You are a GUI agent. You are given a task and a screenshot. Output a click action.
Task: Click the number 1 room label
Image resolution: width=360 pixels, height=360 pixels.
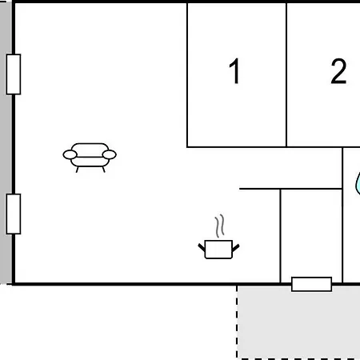coord(234,71)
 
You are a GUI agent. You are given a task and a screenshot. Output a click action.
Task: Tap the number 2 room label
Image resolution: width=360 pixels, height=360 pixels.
coord(338,71)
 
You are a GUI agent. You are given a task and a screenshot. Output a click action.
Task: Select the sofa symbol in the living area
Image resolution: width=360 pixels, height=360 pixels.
coord(90,158)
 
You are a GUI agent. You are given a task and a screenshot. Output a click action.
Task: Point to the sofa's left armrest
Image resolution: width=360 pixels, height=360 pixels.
coord(70,154)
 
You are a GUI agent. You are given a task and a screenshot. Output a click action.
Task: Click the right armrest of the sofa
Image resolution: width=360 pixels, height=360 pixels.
coord(110,154)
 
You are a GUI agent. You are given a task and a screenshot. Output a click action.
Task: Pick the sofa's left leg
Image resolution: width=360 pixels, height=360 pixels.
coord(77,170)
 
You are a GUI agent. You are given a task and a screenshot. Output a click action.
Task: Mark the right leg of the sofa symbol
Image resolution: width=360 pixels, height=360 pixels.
coord(103,170)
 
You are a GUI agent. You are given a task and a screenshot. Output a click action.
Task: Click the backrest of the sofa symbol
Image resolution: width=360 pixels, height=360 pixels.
coord(90,149)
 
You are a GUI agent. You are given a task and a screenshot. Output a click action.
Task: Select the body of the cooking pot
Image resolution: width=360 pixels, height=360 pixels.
coord(218,250)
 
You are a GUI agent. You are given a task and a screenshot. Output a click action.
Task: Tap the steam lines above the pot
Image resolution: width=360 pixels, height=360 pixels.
coord(219,226)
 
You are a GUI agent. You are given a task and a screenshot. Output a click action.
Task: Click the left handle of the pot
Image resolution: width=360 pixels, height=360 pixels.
coord(202,247)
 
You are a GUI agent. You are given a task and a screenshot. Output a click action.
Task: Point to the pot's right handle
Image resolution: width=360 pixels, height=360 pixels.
coord(236,248)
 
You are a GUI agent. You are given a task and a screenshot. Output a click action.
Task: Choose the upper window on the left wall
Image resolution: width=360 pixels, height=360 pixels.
coord(14,74)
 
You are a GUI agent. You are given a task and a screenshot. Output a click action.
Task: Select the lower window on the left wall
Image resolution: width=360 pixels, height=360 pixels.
coord(14,214)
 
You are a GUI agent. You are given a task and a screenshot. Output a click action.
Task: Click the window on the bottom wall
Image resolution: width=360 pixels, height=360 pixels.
coord(311,284)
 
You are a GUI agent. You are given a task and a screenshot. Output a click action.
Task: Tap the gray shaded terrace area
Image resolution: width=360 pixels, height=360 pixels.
coord(298,322)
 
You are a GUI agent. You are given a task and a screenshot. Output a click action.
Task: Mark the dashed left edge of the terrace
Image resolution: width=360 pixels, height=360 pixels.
coord(237,322)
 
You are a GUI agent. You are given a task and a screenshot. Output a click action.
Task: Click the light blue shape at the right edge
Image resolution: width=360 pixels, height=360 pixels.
coord(358,183)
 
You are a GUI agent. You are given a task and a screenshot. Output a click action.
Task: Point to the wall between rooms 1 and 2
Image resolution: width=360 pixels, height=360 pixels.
coord(286,74)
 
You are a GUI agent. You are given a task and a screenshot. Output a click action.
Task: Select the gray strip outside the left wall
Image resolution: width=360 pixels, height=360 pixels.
coord(6,143)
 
